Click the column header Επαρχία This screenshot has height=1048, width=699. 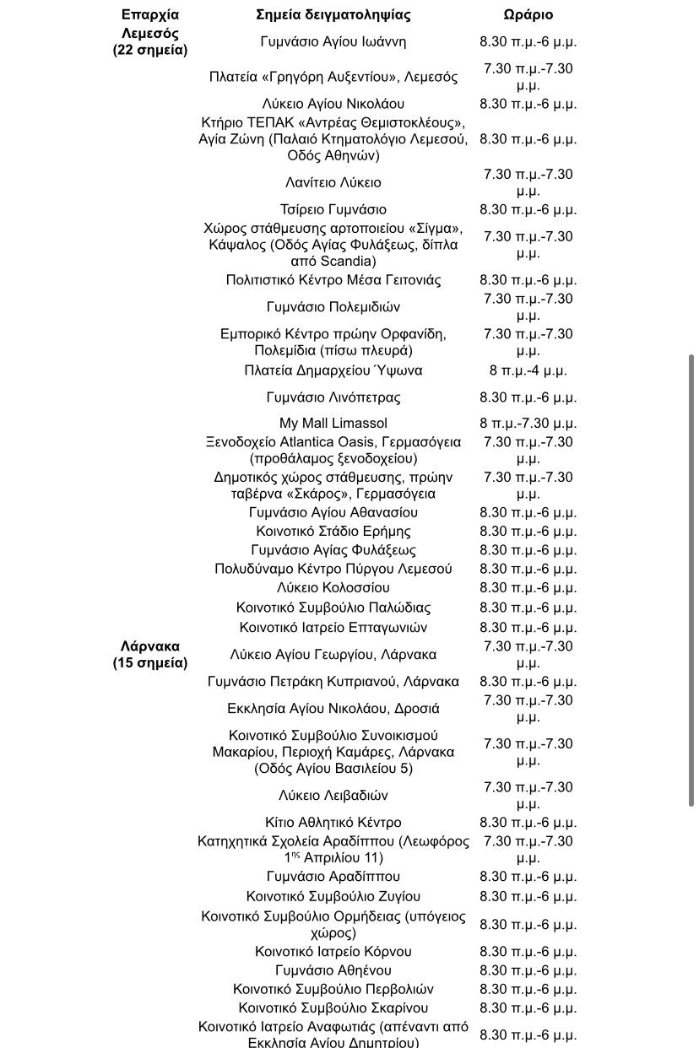tap(150, 14)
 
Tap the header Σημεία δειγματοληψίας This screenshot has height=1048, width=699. tap(333, 14)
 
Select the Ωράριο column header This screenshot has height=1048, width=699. tap(528, 14)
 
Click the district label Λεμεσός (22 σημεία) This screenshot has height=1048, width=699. tap(150, 41)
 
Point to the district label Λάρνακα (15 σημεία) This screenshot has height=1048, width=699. tap(150, 654)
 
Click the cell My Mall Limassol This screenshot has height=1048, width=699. tap(333, 423)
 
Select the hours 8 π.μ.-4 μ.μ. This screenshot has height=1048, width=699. tap(528, 370)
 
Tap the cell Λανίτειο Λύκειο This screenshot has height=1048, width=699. tap(333, 182)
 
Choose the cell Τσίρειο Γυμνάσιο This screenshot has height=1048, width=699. tap(333, 209)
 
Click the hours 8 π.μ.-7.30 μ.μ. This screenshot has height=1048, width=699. tap(528, 423)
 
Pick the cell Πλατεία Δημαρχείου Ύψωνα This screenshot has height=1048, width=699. tap(333, 370)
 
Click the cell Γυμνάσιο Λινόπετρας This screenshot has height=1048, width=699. tap(333, 397)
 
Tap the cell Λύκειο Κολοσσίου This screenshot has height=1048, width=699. tap(333, 587)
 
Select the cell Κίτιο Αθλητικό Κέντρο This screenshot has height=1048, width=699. tap(333, 822)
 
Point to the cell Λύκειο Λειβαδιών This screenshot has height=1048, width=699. tap(333, 795)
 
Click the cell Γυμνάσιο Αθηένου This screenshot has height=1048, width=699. tap(333, 970)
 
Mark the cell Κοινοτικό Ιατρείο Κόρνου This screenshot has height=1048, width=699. tap(333, 951)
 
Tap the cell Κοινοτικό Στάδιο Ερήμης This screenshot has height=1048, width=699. tap(333, 531)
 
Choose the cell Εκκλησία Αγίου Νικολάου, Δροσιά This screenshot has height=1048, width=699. tap(333, 708)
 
